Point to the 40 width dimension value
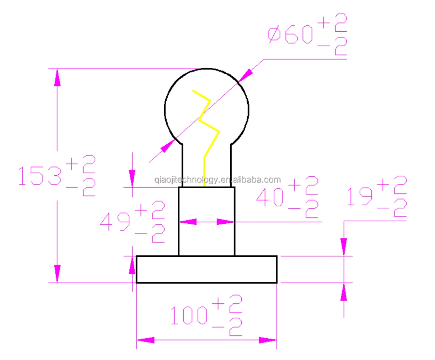[x=270, y=197]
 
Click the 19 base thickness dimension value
[x=360, y=196]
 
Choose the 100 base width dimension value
[x=189, y=315]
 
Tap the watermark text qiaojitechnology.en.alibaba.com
[x=217, y=180]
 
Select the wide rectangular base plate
[x=206, y=269]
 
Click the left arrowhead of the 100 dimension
[x=146, y=340]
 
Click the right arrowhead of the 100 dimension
[x=267, y=340]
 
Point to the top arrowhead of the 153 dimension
[x=57, y=78]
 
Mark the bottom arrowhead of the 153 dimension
[x=57, y=274]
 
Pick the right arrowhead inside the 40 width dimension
[x=225, y=222]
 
